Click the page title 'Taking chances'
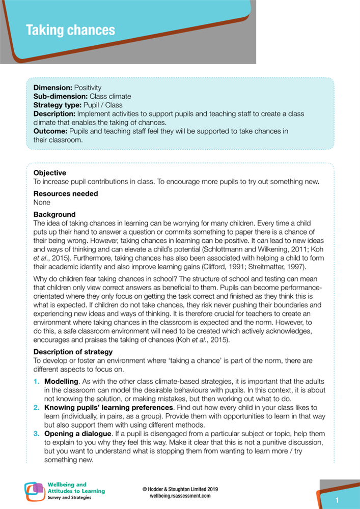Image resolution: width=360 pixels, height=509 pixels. pyautogui.click(x=70, y=30)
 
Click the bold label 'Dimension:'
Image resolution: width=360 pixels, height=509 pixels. pyautogui.click(x=52, y=88)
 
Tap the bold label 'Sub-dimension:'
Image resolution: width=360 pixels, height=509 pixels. pyautogui.click(x=61, y=96)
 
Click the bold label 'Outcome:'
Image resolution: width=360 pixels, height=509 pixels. pyautogui.click(x=50, y=131)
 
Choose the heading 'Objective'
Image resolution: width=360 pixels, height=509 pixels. pyautogui.click(x=50, y=173)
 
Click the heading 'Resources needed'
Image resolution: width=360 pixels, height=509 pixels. pyautogui.click(x=66, y=194)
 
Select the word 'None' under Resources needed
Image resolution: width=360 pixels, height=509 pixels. pyautogui.click(x=42, y=202)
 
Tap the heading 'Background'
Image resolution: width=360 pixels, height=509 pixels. pyautogui.click(x=54, y=215)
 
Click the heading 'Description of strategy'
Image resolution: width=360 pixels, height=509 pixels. pyautogui.click(x=73, y=352)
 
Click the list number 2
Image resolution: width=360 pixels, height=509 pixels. pyautogui.click(x=36, y=408)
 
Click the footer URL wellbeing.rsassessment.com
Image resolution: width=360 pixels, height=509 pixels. pyautogui.click(x=180, y=495)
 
